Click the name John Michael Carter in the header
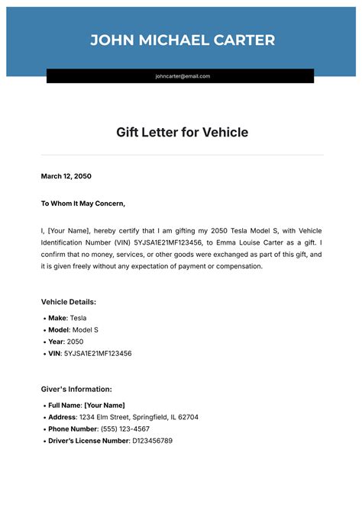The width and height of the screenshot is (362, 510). tap(183, 40)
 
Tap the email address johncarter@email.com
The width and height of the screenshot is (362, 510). tap(183, 76)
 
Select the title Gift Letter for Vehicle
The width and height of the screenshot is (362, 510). tap(182, 133)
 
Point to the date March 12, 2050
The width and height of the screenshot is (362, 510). tap(66, 176)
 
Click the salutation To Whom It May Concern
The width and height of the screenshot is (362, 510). tap(82, 204)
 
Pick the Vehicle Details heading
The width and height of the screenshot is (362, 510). tap(69, 302)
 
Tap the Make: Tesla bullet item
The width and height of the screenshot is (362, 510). tap(67, 318)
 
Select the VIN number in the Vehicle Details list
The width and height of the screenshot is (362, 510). tap(97, 354)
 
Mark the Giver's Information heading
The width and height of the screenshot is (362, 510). tap(76, 389)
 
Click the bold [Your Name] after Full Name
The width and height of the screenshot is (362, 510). tap(105, 405)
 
